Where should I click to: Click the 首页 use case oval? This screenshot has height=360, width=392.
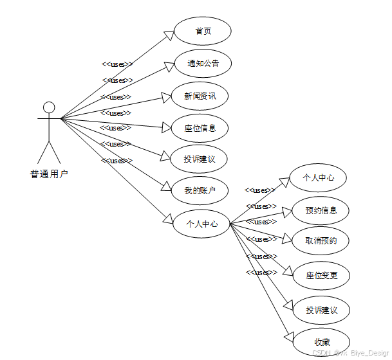203,31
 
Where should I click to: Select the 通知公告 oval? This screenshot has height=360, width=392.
203,64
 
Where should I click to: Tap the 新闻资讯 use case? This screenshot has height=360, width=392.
200,96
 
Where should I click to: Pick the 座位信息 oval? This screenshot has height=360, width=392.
200,128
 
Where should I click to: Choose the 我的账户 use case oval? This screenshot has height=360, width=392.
200,190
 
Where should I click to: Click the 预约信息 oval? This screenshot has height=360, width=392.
321,210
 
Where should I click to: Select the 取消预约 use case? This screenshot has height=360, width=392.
321,241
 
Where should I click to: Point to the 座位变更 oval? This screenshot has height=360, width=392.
321,276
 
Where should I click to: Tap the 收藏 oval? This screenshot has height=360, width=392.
321,341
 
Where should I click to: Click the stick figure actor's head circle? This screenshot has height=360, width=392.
49,107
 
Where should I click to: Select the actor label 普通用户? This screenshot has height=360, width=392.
49,174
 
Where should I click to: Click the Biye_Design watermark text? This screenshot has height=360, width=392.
370,353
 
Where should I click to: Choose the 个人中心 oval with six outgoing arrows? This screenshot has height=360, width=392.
201,224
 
